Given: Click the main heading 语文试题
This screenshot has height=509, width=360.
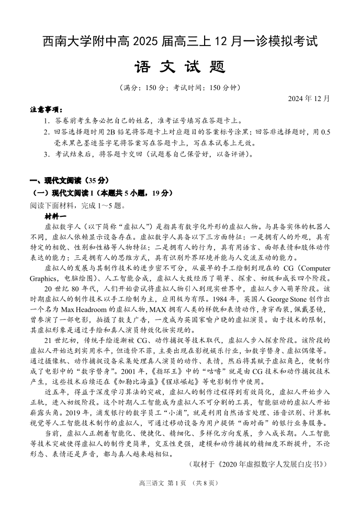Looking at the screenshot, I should [x=179, y=67].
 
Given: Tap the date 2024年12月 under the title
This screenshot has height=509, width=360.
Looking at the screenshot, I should [x=309, y=98].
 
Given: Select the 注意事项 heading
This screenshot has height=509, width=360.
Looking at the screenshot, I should [x=46, y=110].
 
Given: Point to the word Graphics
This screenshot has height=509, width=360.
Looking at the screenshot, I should [x=43, y=278].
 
